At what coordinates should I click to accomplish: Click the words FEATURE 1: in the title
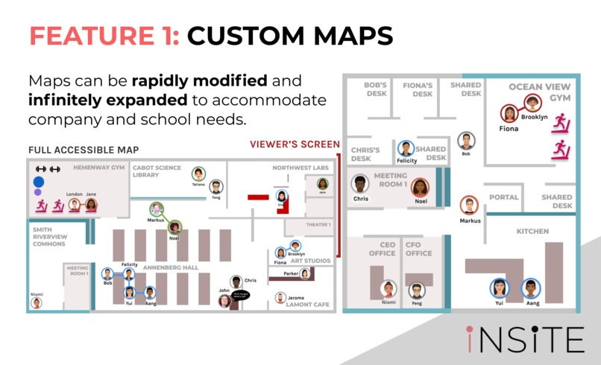(x=103, y=35)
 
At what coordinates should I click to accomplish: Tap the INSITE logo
(x=525, y=339)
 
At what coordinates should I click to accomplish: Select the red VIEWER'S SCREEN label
(x=295, y=145)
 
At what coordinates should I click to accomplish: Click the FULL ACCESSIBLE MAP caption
(x=84, y=150)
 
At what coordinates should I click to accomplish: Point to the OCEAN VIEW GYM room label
(x=536, y=92)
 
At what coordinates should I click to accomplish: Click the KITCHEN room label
(x=532, y=232)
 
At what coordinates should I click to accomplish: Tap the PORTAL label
(x=503, y=197)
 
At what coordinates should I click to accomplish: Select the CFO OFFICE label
(x=418, y=249)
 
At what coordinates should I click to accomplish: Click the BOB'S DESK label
(x=375, y=89)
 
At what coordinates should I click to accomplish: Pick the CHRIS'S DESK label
(x=365, y=154)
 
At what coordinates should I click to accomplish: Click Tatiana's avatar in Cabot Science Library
(x=198, y=174)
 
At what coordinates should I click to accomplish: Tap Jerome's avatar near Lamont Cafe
(x=280, y=298)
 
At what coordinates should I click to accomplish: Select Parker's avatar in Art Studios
(x=304, y=273)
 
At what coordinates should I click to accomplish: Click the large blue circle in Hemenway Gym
(x=39, y=181)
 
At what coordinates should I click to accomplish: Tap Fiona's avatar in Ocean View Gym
(x=509, y=114)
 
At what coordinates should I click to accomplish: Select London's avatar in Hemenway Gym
(x=75, y=204)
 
